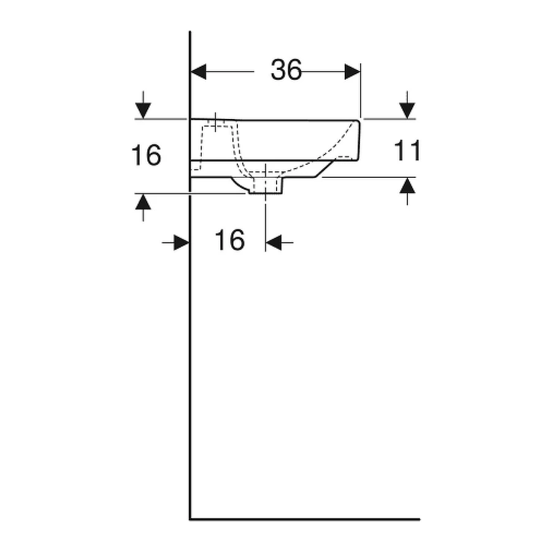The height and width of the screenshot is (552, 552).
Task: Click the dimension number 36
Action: (x=286, y=71)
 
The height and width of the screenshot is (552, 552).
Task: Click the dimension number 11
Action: (x=407, y=150)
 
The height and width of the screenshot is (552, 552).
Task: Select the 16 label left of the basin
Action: (x=146, y=155)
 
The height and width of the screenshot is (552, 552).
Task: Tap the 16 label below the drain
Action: (x=229, y=240)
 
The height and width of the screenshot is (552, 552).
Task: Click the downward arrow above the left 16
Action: (x=143, y=109)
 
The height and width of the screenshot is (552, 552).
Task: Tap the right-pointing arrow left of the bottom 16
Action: (x=180, y=243)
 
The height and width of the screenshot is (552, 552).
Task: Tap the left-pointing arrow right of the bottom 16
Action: (x=274, y=243)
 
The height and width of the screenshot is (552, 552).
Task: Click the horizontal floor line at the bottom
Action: (x=307, y=519)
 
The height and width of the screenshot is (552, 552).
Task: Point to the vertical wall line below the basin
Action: (x=190, y=356)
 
